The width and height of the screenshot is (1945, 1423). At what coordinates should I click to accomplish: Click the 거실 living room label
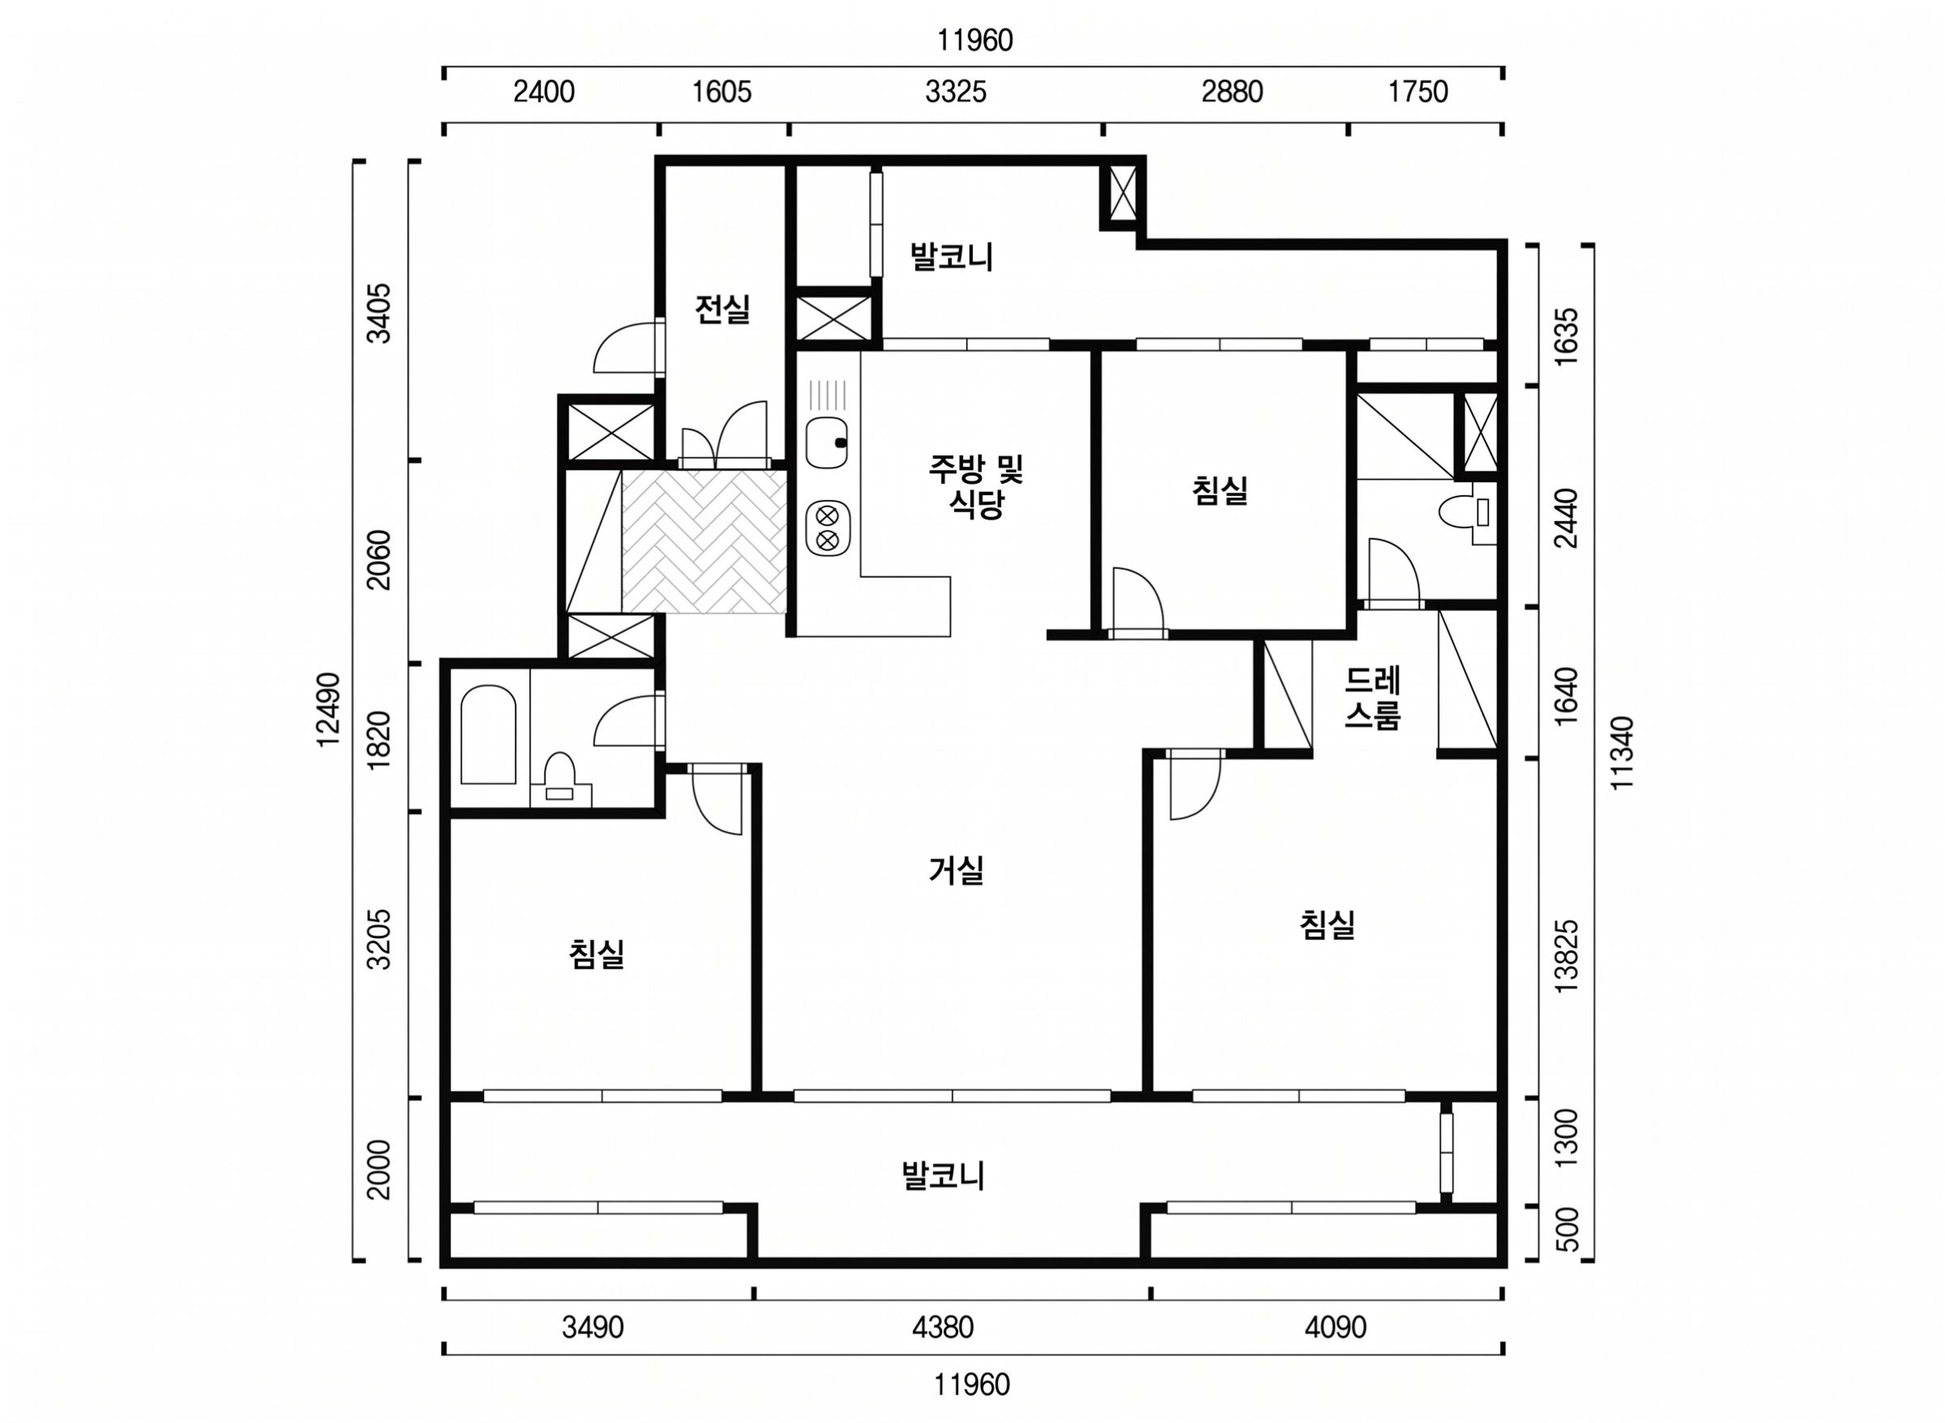pyautogui.click(x=956, y=871)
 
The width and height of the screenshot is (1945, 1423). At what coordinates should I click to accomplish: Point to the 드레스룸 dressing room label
pyautogui.click(x=1372, y=698)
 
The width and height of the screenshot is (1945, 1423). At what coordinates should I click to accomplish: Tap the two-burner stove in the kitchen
pyautogui.click(x=827, y=528)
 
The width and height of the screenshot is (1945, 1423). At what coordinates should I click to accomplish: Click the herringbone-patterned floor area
pyautogui.click(x=704, y=542)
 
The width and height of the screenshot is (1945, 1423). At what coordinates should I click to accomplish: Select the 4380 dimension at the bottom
pyautogui.click(x=943, y=1327)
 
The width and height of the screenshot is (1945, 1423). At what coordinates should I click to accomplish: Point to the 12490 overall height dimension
pyautogui.click(x=328, y=710)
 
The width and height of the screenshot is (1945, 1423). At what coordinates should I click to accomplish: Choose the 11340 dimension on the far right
pyautogui.click(x=1621, y=753)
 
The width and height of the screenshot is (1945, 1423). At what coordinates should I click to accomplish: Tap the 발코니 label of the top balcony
pyautogui.click(x=951, y=257)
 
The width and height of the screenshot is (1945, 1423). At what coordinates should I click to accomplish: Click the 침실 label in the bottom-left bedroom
pyautogui.click(x=596, y=954)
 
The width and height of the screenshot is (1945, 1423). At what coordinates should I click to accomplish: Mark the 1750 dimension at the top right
pyautogui.click(x=1418, y=91)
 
